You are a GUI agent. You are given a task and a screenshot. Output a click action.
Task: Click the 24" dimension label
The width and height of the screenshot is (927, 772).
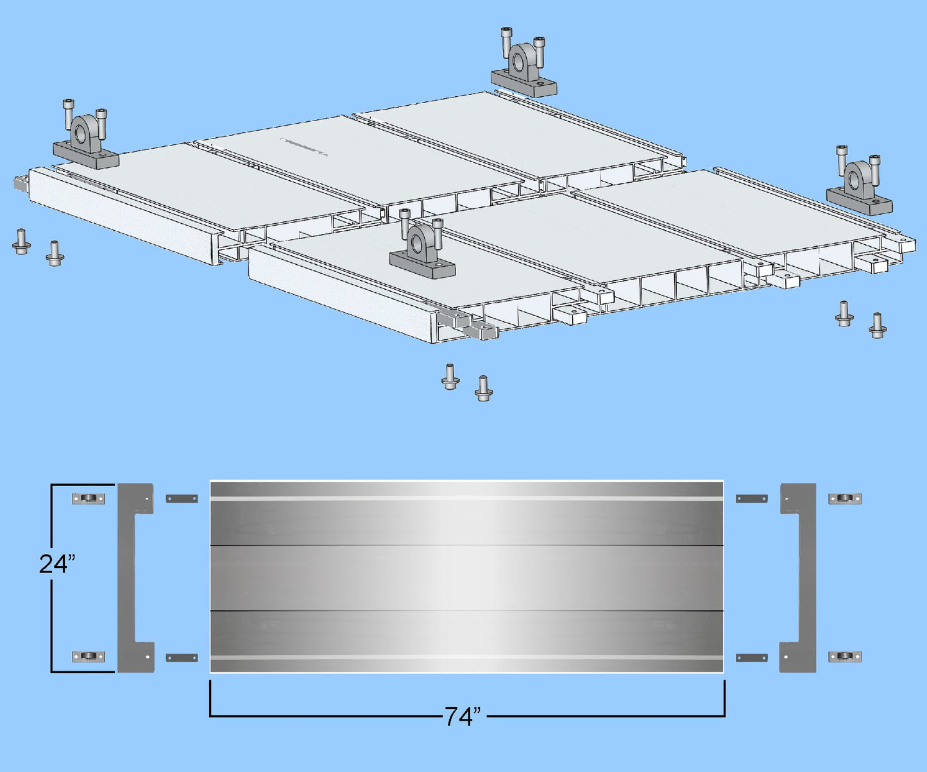[57, 564]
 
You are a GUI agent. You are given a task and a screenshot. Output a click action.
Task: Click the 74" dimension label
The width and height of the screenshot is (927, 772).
[463, 716]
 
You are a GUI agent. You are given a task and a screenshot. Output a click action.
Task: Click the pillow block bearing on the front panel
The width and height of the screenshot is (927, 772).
[422, 251]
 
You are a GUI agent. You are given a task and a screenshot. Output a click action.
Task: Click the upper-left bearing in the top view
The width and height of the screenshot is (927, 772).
[89, 499]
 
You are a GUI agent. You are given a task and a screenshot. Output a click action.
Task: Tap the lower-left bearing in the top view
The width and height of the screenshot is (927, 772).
[89, 657]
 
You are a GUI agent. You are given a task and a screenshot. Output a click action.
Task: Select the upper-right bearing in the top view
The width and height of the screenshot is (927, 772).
[845, 499]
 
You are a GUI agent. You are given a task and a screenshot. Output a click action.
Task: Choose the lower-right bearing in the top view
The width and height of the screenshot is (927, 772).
[845, 657]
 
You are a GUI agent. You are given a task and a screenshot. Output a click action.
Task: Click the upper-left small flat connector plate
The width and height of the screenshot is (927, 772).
[182, 499]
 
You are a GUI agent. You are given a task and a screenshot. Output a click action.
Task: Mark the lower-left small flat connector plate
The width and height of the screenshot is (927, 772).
[182, 658]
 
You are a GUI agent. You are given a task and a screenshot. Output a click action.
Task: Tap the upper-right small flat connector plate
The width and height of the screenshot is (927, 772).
[751, 499]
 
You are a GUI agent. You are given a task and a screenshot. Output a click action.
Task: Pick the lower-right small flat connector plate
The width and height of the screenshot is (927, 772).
[751, 658]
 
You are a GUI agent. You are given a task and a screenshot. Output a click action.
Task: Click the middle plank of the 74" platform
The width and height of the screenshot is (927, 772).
[466, 578]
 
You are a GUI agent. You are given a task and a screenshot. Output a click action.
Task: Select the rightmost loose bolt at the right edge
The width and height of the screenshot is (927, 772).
[878, 325]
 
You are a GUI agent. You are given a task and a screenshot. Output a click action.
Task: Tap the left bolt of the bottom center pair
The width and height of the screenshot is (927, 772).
[450, 376]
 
